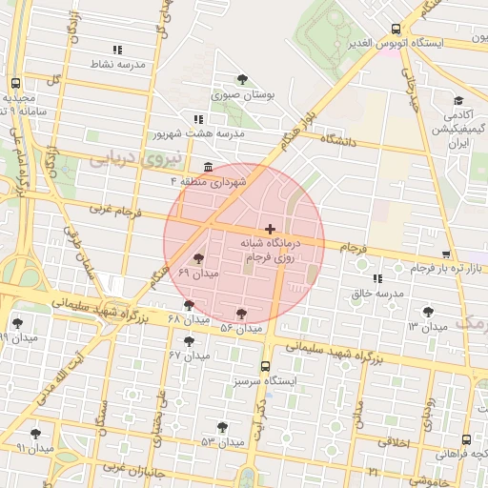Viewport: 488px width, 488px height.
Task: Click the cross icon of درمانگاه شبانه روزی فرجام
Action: [271, 229]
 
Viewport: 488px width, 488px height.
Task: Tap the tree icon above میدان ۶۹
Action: [198, 258]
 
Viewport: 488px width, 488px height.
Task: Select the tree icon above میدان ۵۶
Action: [241, 313]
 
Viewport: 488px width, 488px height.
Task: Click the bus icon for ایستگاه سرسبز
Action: [265, 366]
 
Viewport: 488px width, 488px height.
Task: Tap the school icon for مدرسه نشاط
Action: [117, 50]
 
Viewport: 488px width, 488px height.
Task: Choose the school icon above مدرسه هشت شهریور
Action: [198, 119]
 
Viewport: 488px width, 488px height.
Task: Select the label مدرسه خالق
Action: [376, 294]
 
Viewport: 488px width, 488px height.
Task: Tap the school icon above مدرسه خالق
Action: [377, 279]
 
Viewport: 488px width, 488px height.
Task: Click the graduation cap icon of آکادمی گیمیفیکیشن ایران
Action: [458, 100]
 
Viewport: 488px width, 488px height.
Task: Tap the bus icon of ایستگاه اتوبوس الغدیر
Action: [396, 30]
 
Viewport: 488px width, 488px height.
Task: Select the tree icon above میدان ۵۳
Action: [222, 427]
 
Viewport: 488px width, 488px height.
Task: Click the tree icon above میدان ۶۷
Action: [189, 340]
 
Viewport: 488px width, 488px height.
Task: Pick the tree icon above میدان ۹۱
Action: [35, 434]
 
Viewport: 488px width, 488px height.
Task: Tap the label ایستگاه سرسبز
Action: [266, 381]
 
